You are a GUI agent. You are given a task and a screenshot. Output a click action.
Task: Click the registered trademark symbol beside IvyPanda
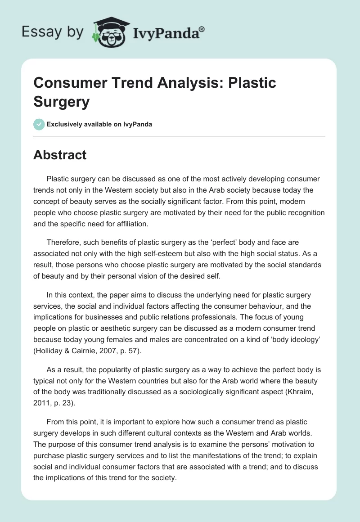tap(202, 29)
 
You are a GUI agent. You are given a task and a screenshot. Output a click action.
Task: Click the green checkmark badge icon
tap(39, 124)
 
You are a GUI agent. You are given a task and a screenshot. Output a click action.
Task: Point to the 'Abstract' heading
tap(60, 155)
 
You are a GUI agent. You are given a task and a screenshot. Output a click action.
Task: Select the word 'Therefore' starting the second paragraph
tap(63, 242)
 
